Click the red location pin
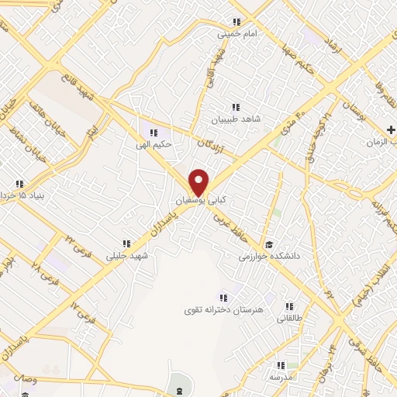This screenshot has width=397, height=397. pos(199,181)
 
